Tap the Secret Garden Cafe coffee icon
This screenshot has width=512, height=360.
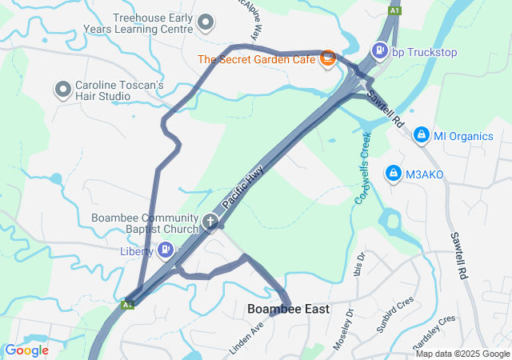[x=327, y=58]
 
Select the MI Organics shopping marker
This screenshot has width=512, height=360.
[x=420, y=135]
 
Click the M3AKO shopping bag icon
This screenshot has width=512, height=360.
[x=393, y=173]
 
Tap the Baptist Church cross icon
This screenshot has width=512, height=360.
[x=210, y=222]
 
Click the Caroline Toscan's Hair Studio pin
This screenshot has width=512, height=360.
[x=62, y=90]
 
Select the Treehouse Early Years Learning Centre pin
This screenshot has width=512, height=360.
[x=206, y=22]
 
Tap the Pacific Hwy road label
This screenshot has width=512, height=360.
[x=242, y=188]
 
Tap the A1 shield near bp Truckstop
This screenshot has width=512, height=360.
[x=394, y=10]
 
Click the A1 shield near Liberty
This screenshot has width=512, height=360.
[x=127, y=305]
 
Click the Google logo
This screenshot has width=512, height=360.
[x=26, y=350]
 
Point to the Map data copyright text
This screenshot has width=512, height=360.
[x=462, y=354]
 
